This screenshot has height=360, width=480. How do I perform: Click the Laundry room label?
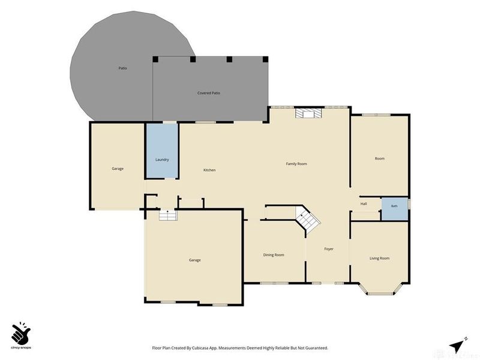162,160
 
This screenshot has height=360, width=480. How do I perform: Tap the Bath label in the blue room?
394,206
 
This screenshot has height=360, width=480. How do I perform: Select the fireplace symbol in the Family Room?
309,113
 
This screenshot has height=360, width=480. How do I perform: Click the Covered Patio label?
209,93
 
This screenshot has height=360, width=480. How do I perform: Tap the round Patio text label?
123,68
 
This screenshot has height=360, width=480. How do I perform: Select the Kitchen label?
209,170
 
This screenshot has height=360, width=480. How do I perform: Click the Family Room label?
296,164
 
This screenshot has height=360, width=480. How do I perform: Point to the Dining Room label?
274,254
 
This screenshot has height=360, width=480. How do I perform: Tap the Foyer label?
329,249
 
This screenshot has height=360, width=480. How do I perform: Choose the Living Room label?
380,258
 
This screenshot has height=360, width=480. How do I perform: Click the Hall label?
364,203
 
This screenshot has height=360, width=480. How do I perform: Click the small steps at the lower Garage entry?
168,215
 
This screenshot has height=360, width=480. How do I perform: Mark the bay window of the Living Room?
380,289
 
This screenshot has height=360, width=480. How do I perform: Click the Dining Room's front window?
274,283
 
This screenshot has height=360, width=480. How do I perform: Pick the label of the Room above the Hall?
380,158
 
